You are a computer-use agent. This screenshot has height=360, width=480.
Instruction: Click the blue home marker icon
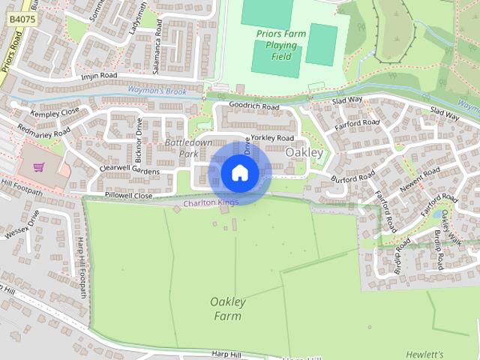click(239, 173)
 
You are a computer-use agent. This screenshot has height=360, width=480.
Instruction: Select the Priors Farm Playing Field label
click(281, 45)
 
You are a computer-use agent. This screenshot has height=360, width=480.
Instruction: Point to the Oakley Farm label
click(227, 308)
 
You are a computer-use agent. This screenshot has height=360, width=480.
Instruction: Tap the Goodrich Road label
click(253, 107)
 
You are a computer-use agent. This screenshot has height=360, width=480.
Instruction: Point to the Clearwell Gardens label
click(129, 171)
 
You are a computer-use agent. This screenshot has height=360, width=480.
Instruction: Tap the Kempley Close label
click(54, 112)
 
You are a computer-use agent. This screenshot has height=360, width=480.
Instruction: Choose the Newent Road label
click(420, 181)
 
